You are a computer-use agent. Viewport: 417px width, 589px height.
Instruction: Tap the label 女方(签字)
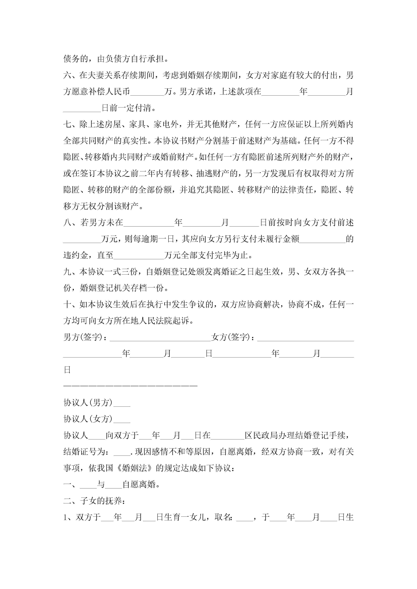point(231,337)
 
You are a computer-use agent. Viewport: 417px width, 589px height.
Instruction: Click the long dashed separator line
point(130,386)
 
